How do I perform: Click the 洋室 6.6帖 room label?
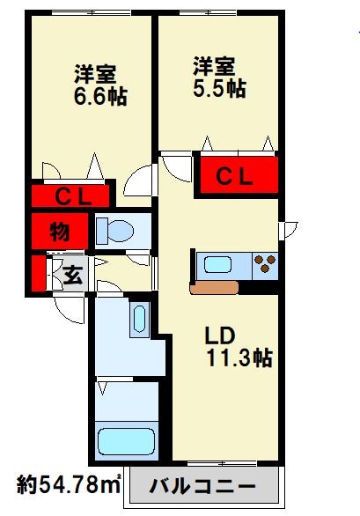coord(100,85)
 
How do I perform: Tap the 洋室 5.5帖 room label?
coord(219,77)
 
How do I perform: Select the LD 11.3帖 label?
coord(239,347)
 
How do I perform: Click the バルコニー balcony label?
coord(202,486)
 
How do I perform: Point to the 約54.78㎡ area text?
coord(69,484)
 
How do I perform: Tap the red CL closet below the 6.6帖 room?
coord(70,196)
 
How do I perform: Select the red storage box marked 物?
coord(60,231)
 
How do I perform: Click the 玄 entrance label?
coord(72,275)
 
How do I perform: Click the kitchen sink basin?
coord(217,265)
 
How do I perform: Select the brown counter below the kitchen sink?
coord(214,288)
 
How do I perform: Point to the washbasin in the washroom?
coord(140,319)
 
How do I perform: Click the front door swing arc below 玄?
coord(70,310)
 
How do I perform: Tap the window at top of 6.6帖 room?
coord(92,13)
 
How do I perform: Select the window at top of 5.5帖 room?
coord(208,13)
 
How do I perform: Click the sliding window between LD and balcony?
coord(222,464)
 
